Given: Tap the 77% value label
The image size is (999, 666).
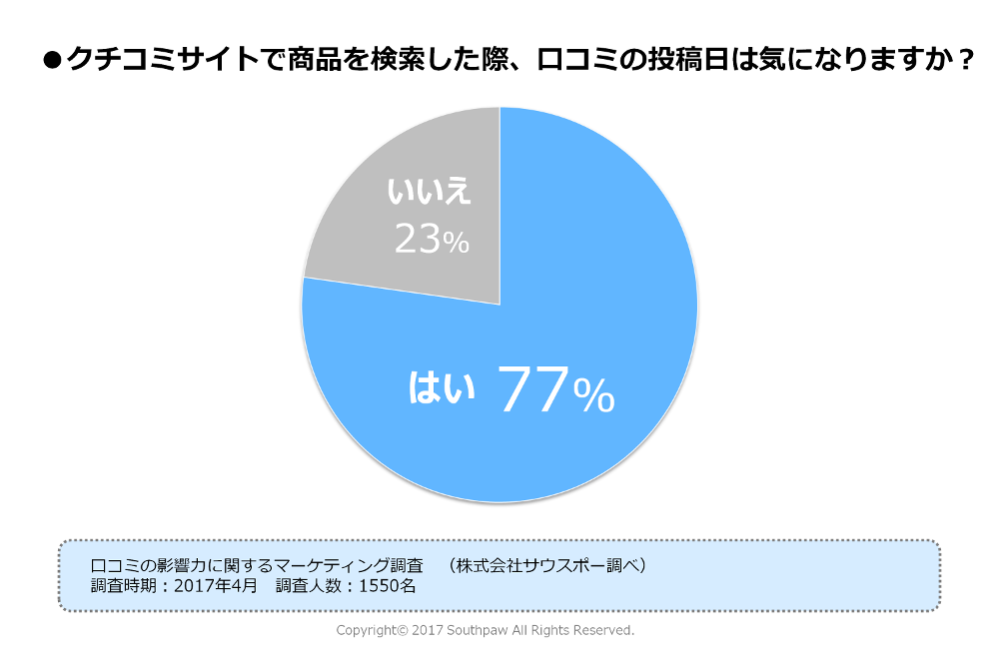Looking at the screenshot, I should click(x=555, y=390).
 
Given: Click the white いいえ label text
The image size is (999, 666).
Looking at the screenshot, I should click(x=429, y=193).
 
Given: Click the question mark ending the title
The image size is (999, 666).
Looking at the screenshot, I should click(x=964, y=61).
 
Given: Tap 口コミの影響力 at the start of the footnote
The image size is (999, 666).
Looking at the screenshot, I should click(x=143, y=565).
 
